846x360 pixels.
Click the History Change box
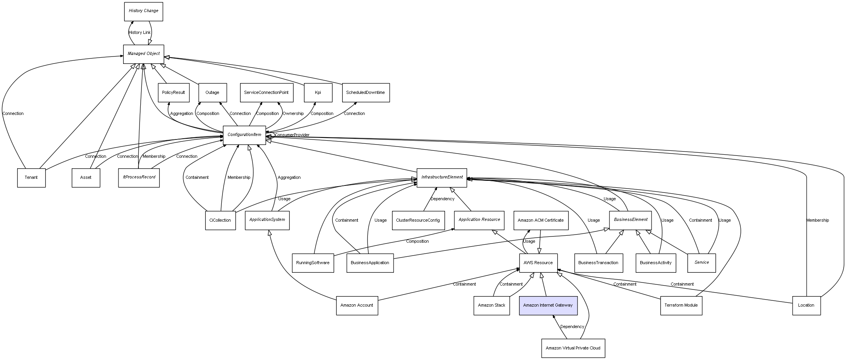click(143, 11)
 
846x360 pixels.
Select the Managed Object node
click(143, 54)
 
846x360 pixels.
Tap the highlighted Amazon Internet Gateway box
click(548, 305)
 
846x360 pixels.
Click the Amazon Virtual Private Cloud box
click(573, 348)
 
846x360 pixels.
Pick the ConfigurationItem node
click(244, 135)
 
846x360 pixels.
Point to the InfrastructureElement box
click(442, 178)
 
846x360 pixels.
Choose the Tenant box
click(31, 178)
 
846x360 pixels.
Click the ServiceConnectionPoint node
click(266, 93)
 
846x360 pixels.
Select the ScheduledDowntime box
click(366, 93)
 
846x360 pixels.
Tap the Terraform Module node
click(681, 305)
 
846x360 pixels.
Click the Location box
click(806, 305)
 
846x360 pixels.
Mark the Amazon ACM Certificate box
click(540, 221)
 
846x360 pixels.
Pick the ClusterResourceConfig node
click(418, 221)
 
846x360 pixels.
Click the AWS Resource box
click(538, 263)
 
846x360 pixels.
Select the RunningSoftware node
click(313, 263)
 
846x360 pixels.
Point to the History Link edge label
click(140, 33)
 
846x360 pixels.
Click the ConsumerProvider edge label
click(292, 135)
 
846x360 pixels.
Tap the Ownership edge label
click(293, 114)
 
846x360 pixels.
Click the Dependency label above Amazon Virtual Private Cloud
click(572, 327)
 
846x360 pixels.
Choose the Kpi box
click(318, 93)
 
